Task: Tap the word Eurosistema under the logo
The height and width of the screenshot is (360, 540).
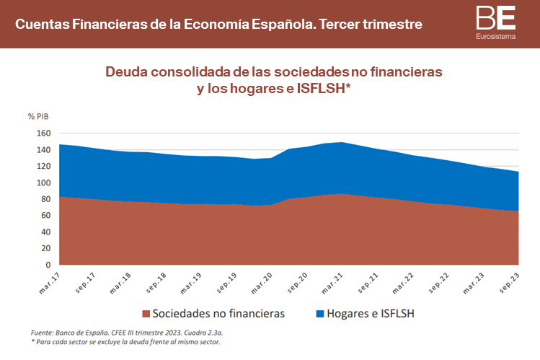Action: pos(496,36)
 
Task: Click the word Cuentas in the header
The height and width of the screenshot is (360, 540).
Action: pos(40,25)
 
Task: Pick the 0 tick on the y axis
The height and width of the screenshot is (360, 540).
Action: pos(48,265)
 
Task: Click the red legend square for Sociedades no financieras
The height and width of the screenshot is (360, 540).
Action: pos(146,314)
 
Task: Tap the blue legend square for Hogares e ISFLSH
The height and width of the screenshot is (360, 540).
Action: pos(320,314)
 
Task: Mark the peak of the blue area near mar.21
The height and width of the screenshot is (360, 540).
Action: pos(340,143)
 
